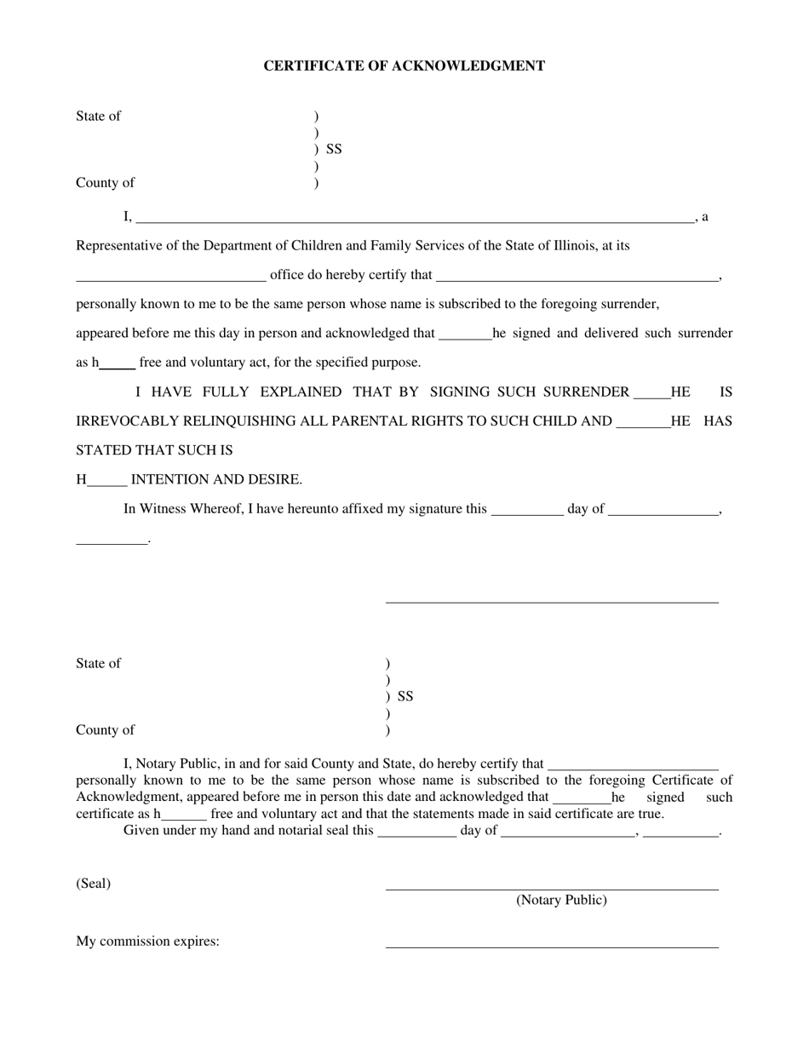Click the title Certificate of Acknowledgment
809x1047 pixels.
point(404,66)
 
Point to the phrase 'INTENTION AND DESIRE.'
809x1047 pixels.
point(216,480)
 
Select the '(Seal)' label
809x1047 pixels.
point(93,884)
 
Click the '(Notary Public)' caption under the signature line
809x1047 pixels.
point(561,901)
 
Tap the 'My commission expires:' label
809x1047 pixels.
point(147,941)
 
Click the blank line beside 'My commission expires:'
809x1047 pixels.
point(552,946)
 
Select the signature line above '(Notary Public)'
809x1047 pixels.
point(552,889)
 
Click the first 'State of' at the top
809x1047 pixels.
point(98,117)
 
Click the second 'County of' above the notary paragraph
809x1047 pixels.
point(105,730)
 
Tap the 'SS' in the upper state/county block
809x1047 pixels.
point(334,150)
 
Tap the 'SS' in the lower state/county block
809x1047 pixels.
point(405,697)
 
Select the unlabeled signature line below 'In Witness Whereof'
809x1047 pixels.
point(552,601)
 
